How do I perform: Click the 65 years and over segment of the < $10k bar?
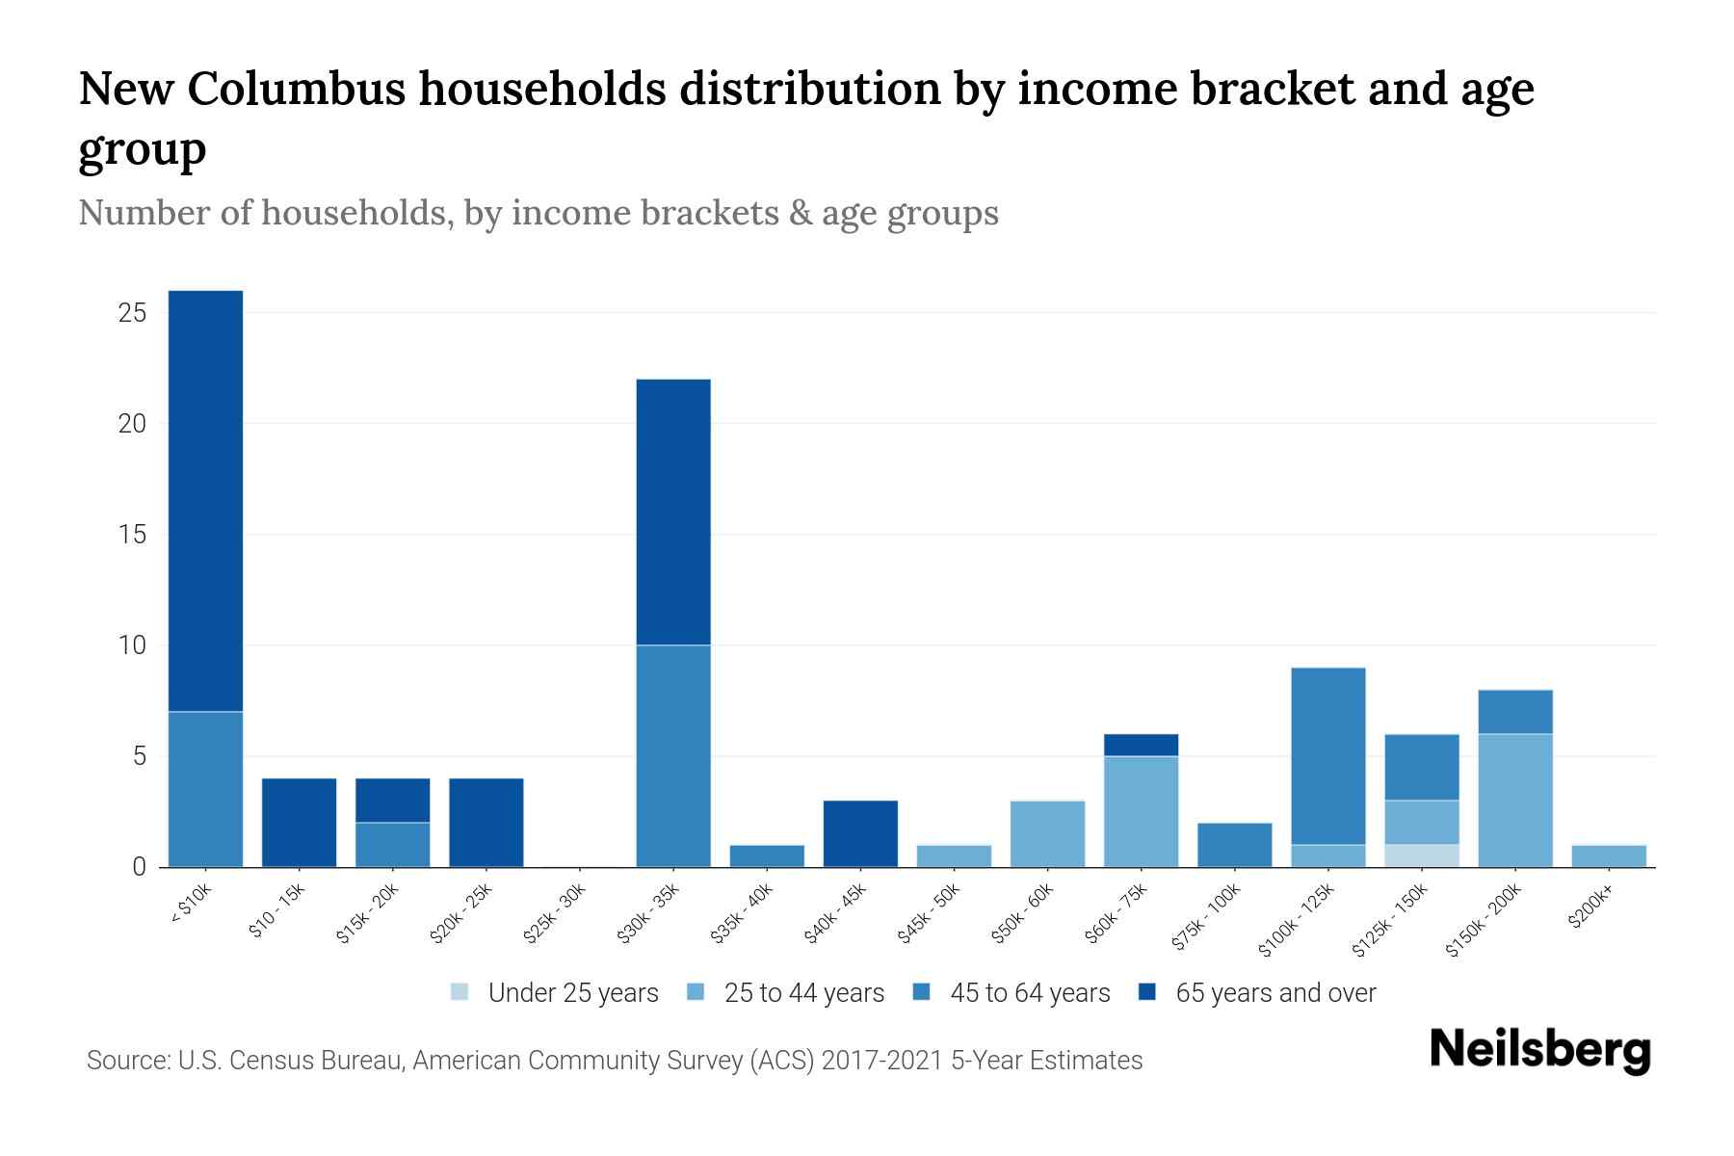[205, 501]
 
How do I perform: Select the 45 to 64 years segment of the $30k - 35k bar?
[673, 756]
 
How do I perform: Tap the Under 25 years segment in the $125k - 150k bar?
[1422, 856]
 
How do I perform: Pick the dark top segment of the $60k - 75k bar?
[1141, 746]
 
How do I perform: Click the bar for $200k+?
[1609, 856]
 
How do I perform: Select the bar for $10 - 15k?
[299, 823]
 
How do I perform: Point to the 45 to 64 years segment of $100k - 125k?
[1328, 756]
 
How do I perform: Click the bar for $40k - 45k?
[860, 834]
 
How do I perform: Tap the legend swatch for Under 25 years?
[460, 992]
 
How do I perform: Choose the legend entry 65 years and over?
[1275, 993]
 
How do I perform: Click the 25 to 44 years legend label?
[804, 993]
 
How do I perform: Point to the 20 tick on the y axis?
[133, 424]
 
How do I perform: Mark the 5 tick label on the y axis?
[140, 756]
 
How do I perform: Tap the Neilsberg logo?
[1539, 1050]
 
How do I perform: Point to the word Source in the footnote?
[125, 1061]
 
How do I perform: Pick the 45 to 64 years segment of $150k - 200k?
[1515, 712]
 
